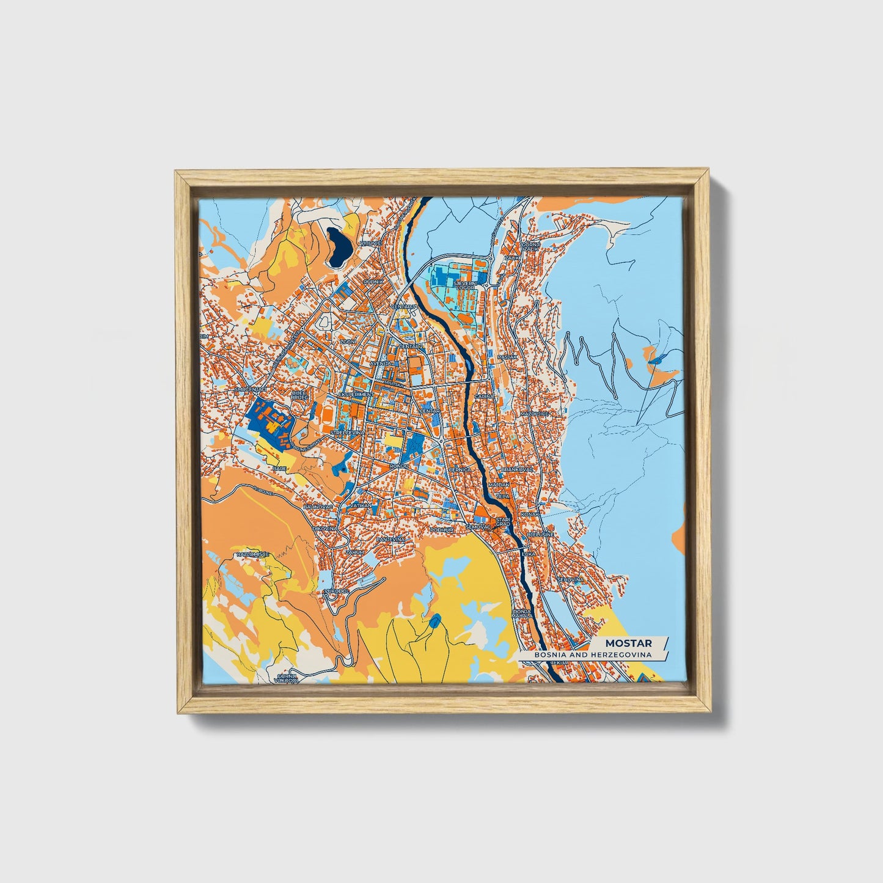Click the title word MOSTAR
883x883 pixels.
[x=628, y=643]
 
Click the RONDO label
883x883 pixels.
[x=398, y=466]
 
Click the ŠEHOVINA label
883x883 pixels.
[x=570, y=579]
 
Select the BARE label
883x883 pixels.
[x=280, y=468]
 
